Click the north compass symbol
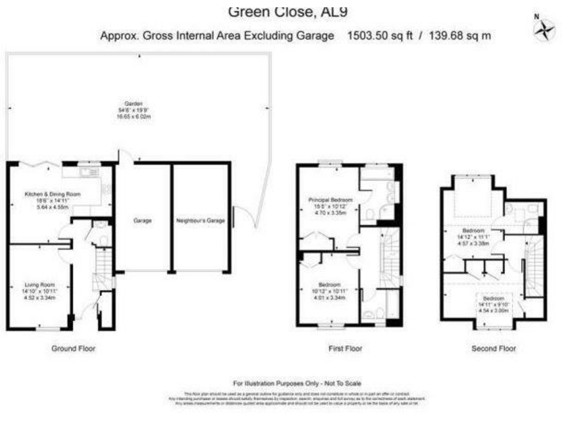(544, 28)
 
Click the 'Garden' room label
(133, 104)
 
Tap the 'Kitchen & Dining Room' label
(53, 194)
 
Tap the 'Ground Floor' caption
(72, 349)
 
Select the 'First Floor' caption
(345, 349)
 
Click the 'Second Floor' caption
(493, 349)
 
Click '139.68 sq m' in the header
(460, 35)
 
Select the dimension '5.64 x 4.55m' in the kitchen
(53, 206)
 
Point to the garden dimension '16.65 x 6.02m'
(133, 116)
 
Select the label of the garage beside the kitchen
(142, 220)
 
